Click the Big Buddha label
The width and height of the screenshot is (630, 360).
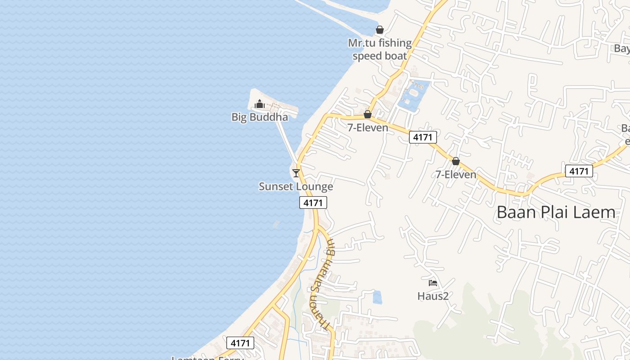tap(260, 117)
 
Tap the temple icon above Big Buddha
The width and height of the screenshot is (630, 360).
tap(259, 104)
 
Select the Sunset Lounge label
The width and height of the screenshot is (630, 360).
tap(296, 186)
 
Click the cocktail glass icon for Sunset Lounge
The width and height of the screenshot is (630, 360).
tap(296, 173)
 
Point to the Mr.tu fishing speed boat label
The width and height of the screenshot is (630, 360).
tap(380, 49)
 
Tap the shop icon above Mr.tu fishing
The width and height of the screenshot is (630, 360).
tap(380, 30)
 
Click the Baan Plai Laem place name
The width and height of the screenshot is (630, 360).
tap(555, 212)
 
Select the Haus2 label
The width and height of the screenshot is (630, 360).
tap(433, 296)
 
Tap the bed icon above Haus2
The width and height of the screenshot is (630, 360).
tap(433, 283)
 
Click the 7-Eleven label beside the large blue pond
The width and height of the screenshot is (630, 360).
tap(368, 128)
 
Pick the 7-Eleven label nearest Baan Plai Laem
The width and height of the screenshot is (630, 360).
tap(456, 175)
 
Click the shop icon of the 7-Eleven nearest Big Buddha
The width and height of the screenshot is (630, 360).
tap(368, 114)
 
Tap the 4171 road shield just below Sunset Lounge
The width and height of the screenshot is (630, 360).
tap(313, 203)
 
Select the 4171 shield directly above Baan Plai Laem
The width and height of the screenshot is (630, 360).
tap(579, 171)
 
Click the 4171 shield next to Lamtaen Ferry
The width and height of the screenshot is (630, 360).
tap(240, 343)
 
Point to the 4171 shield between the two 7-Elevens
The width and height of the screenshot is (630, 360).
tap(423, 137)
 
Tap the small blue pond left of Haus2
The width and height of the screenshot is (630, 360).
tap(377, 297)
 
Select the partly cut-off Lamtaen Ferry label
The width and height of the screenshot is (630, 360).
tap(208, 357)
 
